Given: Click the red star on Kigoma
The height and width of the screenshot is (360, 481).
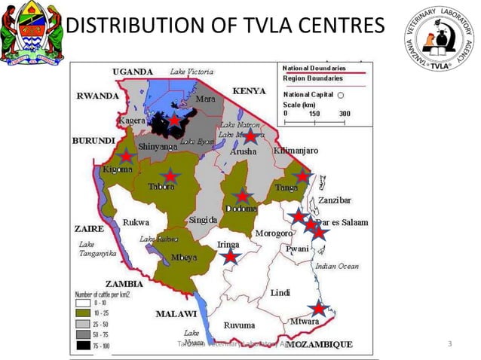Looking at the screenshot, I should point(127,156).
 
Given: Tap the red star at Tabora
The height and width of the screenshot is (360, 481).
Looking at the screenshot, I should point(171,175).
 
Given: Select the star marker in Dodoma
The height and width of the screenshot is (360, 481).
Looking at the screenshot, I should point(241,197).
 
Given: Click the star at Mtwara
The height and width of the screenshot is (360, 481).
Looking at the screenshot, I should point(319,309).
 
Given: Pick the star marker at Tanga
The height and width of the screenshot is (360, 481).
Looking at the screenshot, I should point(302,176).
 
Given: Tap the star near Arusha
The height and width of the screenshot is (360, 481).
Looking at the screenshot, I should point(250,136).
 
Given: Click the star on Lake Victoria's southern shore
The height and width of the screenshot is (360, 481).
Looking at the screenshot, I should point(174,121).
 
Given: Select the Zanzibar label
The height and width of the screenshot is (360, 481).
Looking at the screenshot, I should point(334,200).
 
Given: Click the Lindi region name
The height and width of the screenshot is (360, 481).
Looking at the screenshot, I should point(280,291).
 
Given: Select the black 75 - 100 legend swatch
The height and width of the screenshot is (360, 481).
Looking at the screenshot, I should point(82,346).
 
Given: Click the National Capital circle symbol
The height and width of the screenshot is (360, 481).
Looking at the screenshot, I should point(341,95).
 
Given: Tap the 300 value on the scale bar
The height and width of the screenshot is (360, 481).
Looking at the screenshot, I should point(345,113).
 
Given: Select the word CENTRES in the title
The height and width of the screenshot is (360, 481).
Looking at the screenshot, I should point(331,28).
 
